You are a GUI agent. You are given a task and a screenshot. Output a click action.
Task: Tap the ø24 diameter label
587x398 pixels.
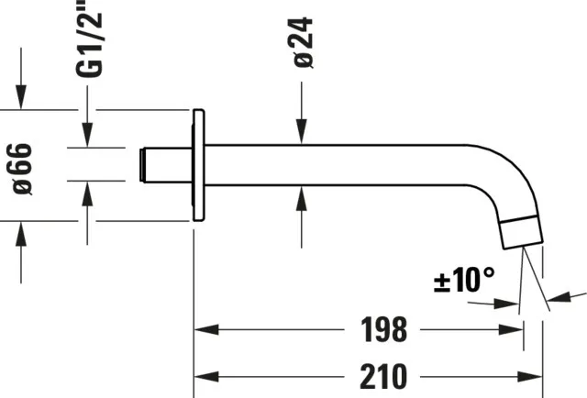click(304, 42)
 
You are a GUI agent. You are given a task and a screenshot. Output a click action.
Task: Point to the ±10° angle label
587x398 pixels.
click(463, 281)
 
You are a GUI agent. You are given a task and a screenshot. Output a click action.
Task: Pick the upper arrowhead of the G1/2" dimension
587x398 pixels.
click(87, 137)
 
